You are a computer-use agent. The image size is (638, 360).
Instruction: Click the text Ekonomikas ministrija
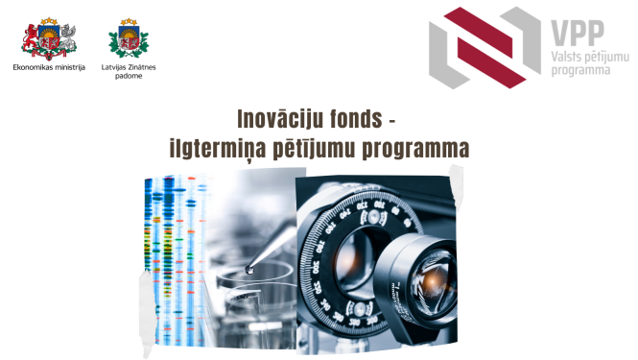[x=49, y=67]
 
